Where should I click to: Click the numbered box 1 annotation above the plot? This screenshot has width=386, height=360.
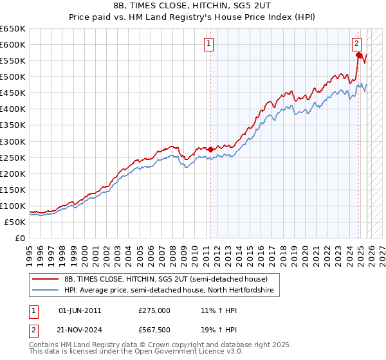(x=210, y=44)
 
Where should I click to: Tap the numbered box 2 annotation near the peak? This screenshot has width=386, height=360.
(x=356, y=44)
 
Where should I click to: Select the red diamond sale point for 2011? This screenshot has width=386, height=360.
(x=210, y=149)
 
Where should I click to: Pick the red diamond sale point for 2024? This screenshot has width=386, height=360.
(x=359, y=55)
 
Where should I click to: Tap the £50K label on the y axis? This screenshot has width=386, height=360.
(x=15, y=222)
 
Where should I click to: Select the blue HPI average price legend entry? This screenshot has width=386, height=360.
(x=169, y=291)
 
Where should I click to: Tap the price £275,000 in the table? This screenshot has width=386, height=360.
(x=154, y=310)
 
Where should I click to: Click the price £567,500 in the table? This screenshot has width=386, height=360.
(x=154, y=330)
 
